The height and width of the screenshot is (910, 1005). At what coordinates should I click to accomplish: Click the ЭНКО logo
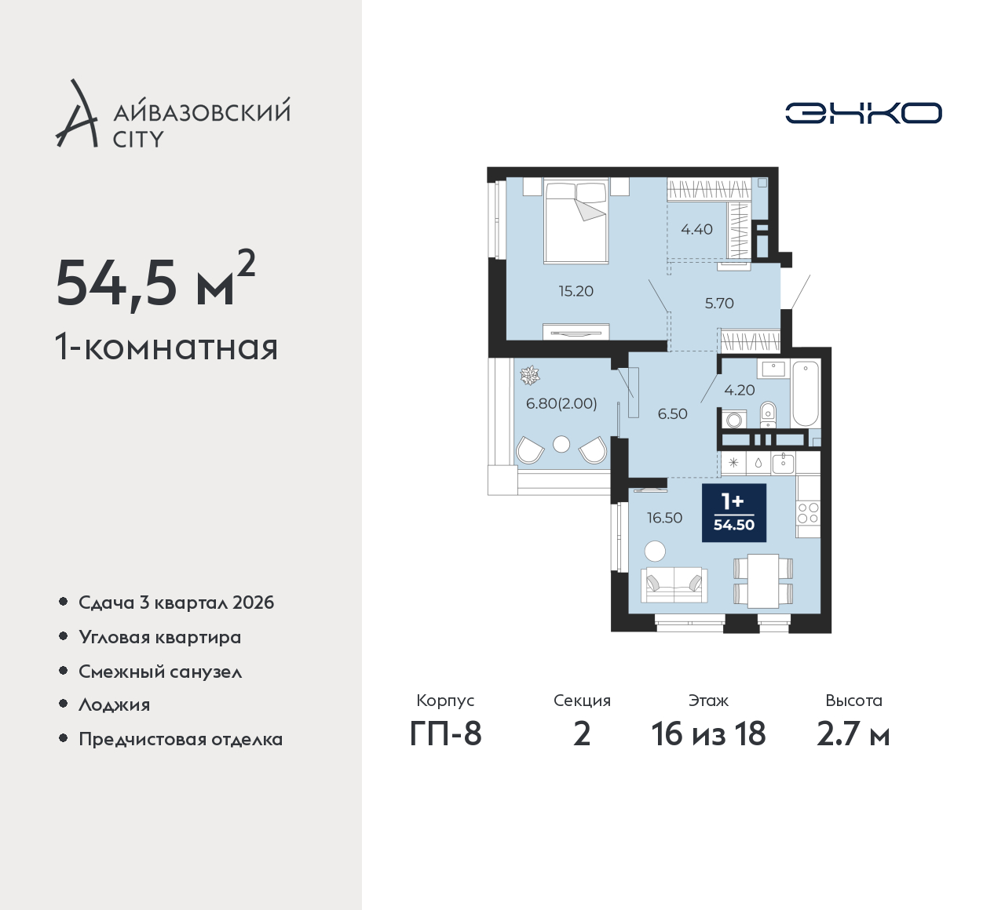[x=863, y=113]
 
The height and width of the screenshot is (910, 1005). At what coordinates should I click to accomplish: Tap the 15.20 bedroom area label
[x=576, y=291]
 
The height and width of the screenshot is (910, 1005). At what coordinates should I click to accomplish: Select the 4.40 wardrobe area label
[x=696, y=229]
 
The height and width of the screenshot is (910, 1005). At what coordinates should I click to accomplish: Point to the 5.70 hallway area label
[x=719, y=303]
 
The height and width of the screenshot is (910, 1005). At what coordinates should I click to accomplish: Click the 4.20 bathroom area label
[x=740, y=389]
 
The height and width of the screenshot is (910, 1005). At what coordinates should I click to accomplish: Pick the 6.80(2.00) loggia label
[x=561, y=403]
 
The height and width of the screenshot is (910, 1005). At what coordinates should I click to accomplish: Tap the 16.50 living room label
[x=664, y=518]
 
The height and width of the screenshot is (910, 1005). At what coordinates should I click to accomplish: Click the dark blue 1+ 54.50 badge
[x=734, y=512]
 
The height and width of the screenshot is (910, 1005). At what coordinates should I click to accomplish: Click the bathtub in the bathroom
[x=805, y=395]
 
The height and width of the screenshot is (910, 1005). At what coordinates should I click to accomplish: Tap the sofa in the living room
[x=674, y=586]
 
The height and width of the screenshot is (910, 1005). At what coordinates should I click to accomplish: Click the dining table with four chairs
[x=763, y=581]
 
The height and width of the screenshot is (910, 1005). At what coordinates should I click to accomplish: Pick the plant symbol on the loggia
[x=528, y=376]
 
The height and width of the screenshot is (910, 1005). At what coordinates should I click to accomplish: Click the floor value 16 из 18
[x=708, y=734]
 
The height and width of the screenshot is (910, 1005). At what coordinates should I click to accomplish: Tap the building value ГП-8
[x=445, y=734]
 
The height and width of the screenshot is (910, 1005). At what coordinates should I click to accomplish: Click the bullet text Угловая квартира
[x=160, y=638]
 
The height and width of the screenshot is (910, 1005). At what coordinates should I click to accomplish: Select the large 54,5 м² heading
[x=155, y=281]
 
